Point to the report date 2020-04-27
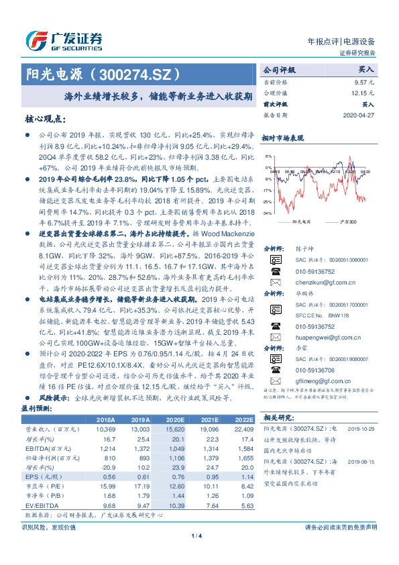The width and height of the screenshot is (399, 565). point(359,115)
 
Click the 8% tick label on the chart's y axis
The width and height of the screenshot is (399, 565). point(269,156)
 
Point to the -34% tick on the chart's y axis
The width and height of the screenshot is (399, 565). point(268,213)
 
